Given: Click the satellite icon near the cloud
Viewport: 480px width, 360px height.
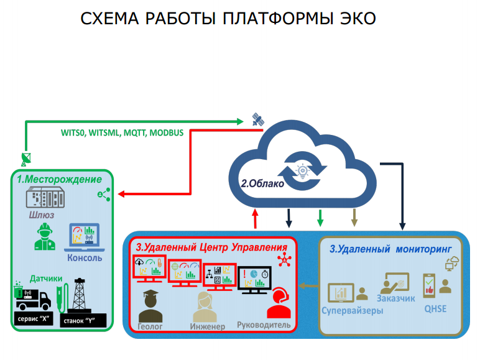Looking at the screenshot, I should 257,119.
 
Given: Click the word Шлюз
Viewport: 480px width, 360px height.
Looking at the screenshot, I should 42,215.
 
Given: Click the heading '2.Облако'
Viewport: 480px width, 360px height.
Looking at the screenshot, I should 262,184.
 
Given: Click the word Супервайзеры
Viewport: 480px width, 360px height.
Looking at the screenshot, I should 353,310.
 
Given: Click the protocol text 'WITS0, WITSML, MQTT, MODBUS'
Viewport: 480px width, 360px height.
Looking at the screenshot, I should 121,133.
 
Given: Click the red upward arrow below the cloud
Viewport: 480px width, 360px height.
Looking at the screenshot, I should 256,218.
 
